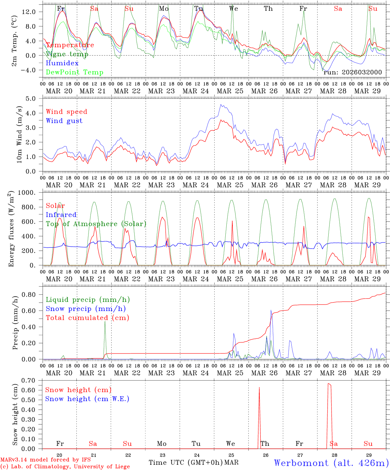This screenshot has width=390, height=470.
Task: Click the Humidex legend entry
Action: (x=62, y=63)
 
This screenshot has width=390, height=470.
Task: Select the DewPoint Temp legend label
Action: (x=74, y=72)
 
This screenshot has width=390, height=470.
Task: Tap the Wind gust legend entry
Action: (x=64, y=121)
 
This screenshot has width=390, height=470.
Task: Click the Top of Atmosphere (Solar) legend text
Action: (x=96, y=224)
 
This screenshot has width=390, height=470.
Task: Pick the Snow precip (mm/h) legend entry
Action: (x=86, y=309)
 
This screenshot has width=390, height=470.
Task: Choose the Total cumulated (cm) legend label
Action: (x=87, y=318)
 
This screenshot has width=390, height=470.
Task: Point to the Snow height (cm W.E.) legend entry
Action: (x=87, y=399)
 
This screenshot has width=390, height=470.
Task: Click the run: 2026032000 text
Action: (x=352, y=72)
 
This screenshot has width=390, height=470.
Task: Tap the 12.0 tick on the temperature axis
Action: (x=33, y=12)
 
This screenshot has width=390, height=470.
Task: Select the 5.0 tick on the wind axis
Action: (x=35, y=98)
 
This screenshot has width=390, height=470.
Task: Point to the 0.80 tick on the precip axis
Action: (x=33, y=294)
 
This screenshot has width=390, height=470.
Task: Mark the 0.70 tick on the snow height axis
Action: (x=33, y=380)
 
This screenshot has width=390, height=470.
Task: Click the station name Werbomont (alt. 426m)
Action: (x=331, y=463)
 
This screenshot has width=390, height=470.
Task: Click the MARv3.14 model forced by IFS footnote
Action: (x=45, y=460)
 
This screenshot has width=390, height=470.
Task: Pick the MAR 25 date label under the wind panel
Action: (x=230, y=185)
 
